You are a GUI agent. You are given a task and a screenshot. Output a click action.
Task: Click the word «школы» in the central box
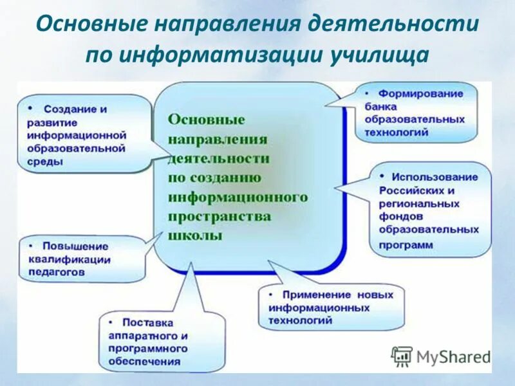tap(194, 235)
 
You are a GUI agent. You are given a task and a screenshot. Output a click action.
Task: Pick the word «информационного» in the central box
tap(238, 197)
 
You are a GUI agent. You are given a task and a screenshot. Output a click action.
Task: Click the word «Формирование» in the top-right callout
tap(421, 94)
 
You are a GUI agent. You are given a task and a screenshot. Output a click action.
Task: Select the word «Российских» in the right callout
tap(407, 190)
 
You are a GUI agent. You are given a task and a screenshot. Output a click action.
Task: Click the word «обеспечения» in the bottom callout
tap(144, 362)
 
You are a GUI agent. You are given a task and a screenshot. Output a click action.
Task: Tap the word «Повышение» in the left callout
tap(75, 246)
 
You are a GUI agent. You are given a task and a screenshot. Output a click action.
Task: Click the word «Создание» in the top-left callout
tap(66, 109)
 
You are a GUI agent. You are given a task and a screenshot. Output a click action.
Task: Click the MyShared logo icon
tap(402, 356)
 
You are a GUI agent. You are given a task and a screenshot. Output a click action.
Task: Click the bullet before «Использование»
tap(382, 176)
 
